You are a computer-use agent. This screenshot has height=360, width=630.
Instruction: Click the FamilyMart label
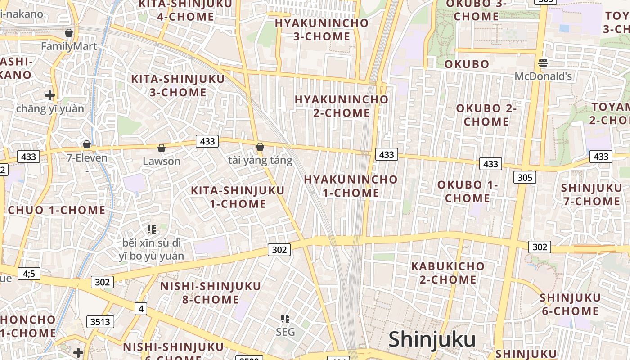69,46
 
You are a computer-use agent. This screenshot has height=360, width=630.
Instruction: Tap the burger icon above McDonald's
543,63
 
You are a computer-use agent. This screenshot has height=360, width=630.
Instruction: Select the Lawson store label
162,161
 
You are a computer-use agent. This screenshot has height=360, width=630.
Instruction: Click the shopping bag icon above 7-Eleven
87,144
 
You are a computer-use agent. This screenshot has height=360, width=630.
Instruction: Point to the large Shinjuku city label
432,339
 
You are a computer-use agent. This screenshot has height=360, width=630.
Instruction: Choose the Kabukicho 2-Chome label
448,273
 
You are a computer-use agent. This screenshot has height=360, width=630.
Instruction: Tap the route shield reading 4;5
29,273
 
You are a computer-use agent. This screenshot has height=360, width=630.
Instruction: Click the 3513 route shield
100,322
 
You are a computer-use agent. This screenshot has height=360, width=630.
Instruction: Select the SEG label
285,332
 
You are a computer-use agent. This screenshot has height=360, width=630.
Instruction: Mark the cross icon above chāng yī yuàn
50,95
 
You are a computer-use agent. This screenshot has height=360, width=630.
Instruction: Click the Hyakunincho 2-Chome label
341,106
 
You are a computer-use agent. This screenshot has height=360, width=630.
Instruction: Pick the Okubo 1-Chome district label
468,191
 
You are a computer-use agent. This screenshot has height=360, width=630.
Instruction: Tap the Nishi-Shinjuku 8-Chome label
211,292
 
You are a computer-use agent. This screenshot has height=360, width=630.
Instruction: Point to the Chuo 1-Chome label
57,210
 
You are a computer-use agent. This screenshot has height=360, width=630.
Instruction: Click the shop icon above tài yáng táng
260,147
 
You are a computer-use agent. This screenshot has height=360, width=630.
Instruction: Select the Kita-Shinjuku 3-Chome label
178,85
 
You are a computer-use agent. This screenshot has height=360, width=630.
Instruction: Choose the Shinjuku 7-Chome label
591,194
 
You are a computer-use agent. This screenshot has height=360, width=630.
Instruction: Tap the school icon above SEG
285,319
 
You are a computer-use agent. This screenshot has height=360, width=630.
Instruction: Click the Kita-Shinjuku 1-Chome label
238,197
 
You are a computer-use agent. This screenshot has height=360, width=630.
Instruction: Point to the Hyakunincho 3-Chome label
322,30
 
